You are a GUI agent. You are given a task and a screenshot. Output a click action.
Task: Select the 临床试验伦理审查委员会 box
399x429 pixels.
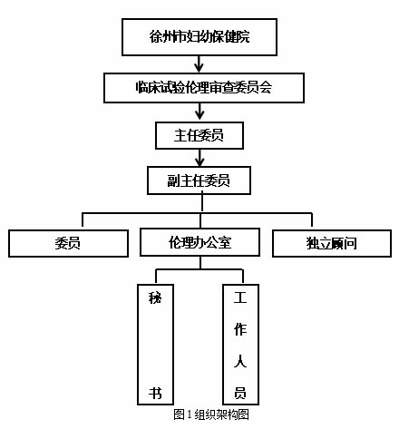click(x=199, y=87)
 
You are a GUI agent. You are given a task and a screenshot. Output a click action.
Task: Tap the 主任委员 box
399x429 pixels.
click(x=199, y=135)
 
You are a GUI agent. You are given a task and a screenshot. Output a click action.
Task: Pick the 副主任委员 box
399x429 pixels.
click(x=199, y=180)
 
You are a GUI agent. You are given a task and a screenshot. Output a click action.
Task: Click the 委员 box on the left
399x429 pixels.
click(x=67, y=242)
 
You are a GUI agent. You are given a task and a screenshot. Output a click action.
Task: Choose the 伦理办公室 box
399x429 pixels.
click(x=199, y=242)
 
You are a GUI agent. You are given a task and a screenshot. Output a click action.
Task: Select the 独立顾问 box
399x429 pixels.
click(x=332, y=242)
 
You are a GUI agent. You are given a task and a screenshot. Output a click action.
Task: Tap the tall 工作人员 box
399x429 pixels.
click(x=240, y=345)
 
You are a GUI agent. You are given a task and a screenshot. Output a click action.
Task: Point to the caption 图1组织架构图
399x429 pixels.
click(x=210, y=414)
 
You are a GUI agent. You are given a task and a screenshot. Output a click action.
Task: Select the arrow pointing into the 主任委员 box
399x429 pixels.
click(x=199, y=112)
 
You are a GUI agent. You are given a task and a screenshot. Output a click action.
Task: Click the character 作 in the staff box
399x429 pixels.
click(x=240, y=329)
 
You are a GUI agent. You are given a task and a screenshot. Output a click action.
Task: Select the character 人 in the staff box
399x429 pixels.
click(x=240, y=361)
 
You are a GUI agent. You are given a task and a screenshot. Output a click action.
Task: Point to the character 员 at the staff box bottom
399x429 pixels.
click(x=240, y=393)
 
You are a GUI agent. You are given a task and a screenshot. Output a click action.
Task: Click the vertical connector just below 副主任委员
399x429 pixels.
click(x=199, y=204)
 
